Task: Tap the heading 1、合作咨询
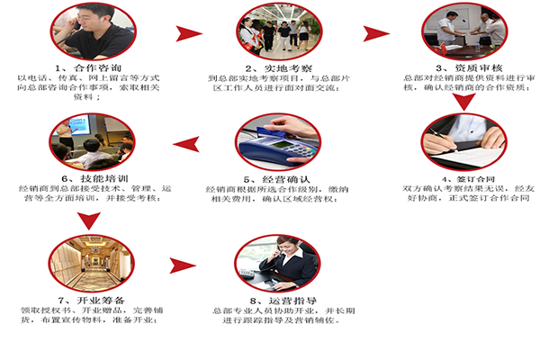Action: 90,68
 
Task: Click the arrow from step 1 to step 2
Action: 188,34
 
